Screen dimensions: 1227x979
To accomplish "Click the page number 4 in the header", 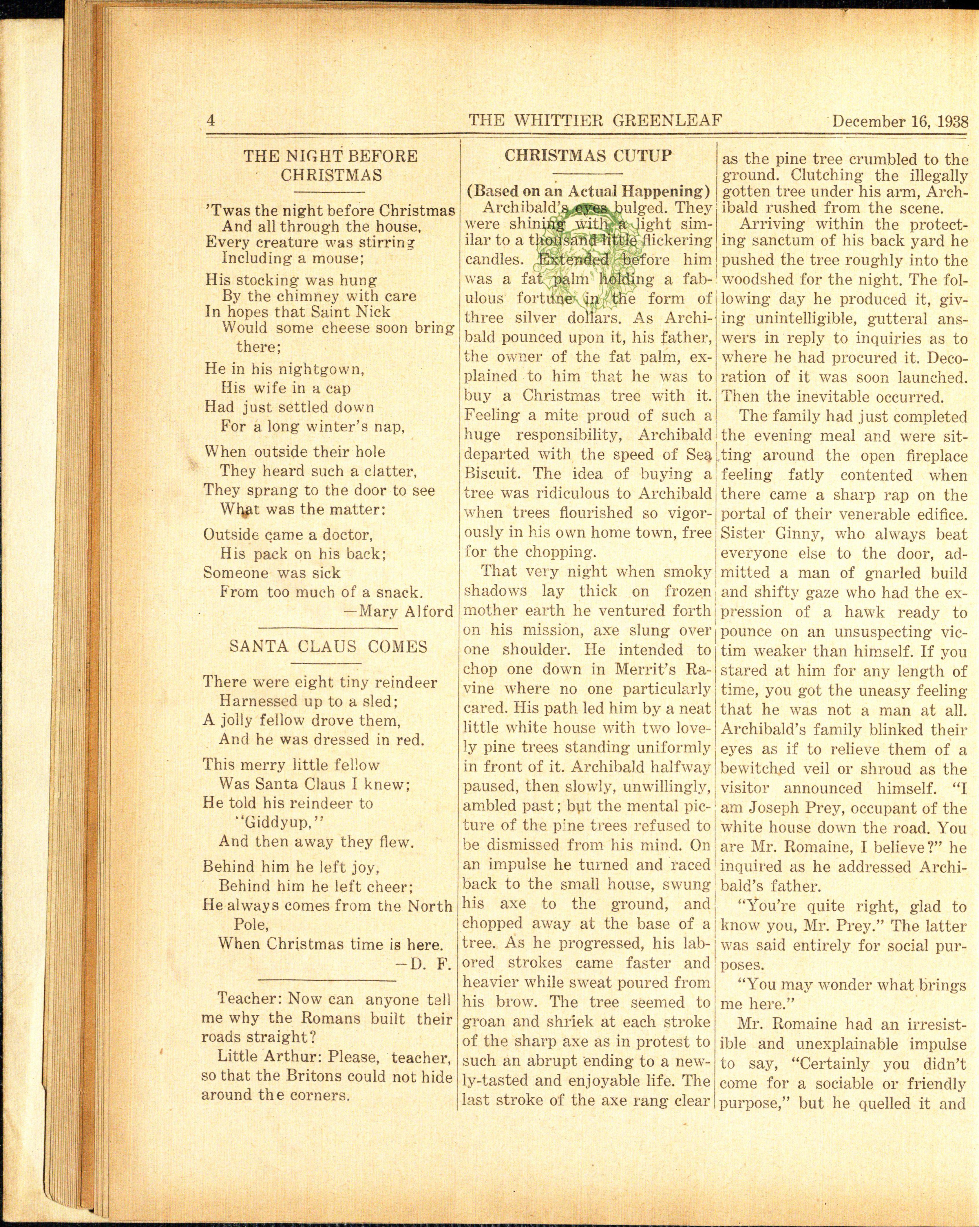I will click(211, 121).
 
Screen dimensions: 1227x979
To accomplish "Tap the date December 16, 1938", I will click(900, 122).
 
